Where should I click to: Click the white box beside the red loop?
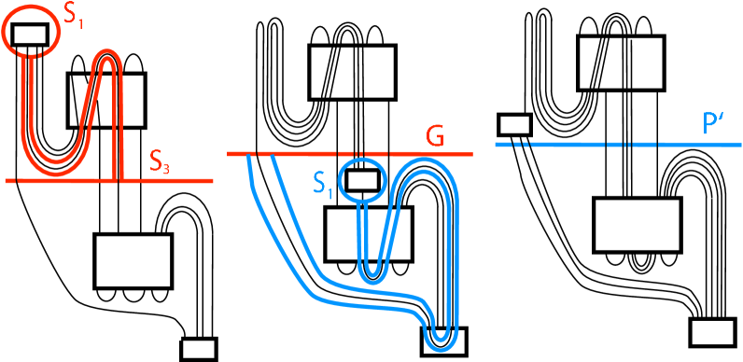pyautogui.click(x=105, y=101)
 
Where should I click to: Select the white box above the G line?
pyautogui.click(x=352, y=72)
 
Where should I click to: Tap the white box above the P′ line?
pyautogui.click(x=621, y=63)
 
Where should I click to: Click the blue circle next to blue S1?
pyautogui.click(x=361, y=179)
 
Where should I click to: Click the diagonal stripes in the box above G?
pyautogui.click(x=331, y=72)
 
